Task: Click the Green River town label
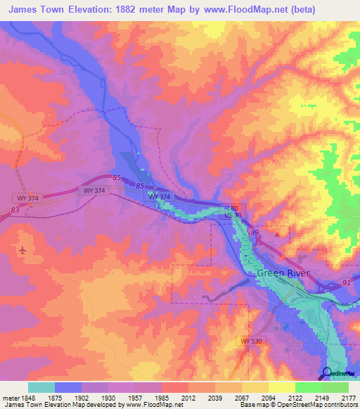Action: tap(281, 273)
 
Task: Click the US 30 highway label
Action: tap(233, 215)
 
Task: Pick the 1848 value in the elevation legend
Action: tap(27, 398)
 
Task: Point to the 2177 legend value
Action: tap(348, 398)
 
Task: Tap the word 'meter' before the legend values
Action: tap(9, 398)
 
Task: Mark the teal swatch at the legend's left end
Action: tap(41, 387)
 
